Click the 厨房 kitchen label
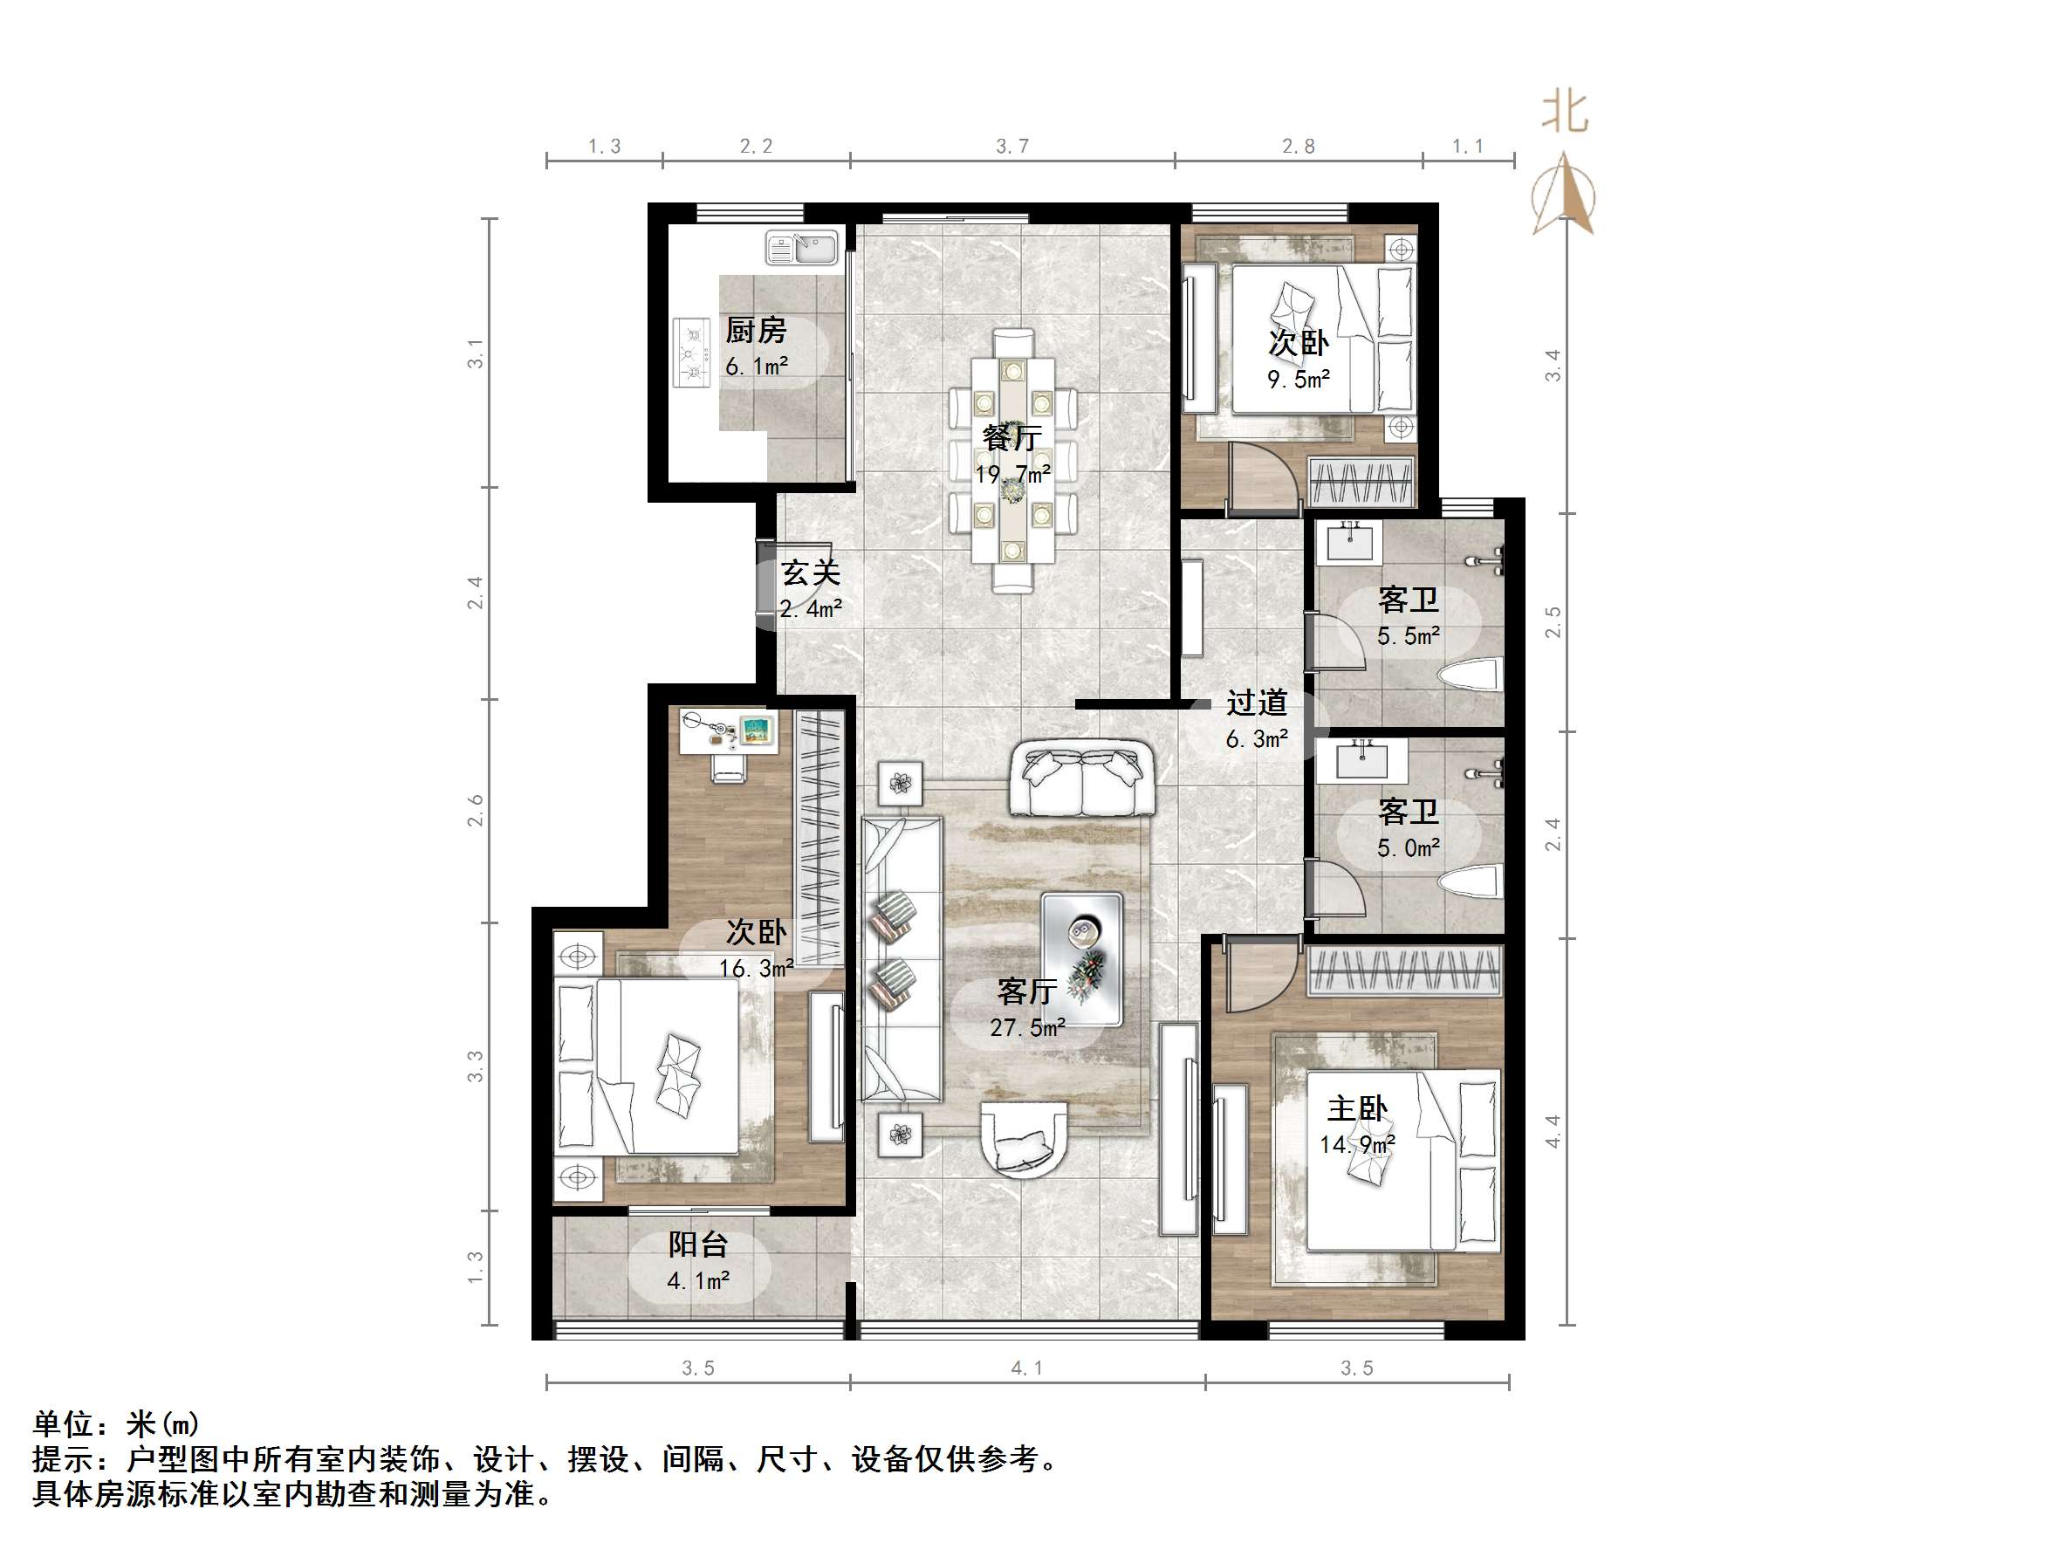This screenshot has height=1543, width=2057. [755, 330]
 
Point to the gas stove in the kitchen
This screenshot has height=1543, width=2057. [690, 353]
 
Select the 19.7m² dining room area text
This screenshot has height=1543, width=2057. [1012, 475]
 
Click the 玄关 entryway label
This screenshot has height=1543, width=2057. [810, 572]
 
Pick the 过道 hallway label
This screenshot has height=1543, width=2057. [1257, 703]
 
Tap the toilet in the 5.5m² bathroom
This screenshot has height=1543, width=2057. [1471, 674]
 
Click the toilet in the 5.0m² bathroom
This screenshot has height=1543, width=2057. [1471, 881]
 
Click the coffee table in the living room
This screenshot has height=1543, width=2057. [1081, 959]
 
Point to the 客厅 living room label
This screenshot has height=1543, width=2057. [1026, 991]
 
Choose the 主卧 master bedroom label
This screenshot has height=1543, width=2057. [1357, 1108]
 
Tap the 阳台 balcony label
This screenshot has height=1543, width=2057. [697, 1245]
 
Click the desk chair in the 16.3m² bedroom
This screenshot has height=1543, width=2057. [730, 766]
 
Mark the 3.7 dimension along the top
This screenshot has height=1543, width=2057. [1011, 146]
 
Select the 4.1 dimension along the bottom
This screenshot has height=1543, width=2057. [1026, 1368]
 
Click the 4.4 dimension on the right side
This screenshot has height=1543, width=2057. [1552, 1131]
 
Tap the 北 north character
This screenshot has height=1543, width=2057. [1565, 113]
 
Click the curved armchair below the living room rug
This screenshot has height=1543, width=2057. [1024, 1142]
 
